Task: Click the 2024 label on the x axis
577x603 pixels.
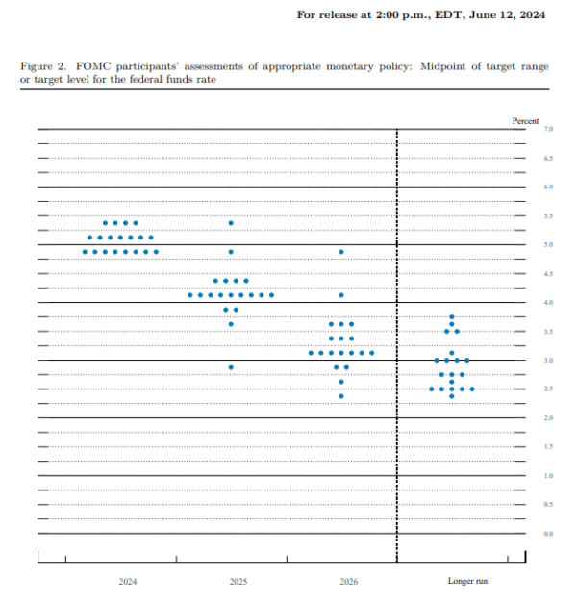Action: pyautogui.click(x=128, y=582)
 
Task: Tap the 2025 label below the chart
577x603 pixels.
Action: pyautogui.click(x=239, y=582)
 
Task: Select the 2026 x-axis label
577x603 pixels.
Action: pyautogui.click(x=350, y=582)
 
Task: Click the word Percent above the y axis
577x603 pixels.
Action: pyautogui.click(x=526, y=120)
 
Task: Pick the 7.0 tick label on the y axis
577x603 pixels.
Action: pyautogui.click(x=547, y=129)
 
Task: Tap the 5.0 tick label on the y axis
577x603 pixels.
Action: pyautogui.click(x=547, y=245)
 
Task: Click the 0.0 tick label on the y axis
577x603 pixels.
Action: pyautogui.click(x=547, y=534)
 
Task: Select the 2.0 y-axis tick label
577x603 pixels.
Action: pyautogui.click(x=547, y=418)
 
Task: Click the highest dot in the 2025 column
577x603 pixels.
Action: pyautogui.click(x=231, y=223)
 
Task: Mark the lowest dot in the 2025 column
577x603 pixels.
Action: pyautogui.click(x=231, y=367)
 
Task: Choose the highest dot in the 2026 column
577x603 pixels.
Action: pyautogui.click(x=341, y=252)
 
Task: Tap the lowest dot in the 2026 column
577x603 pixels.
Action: pyautogui.click(x=341, y=396)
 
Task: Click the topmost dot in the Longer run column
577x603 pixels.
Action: pyautogui.click(x=452, y=317)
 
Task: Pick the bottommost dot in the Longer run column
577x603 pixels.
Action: pyautogui.click(x=452, y=396)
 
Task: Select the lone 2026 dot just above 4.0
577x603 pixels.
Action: pyautogui.click(x=341, y=295)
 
